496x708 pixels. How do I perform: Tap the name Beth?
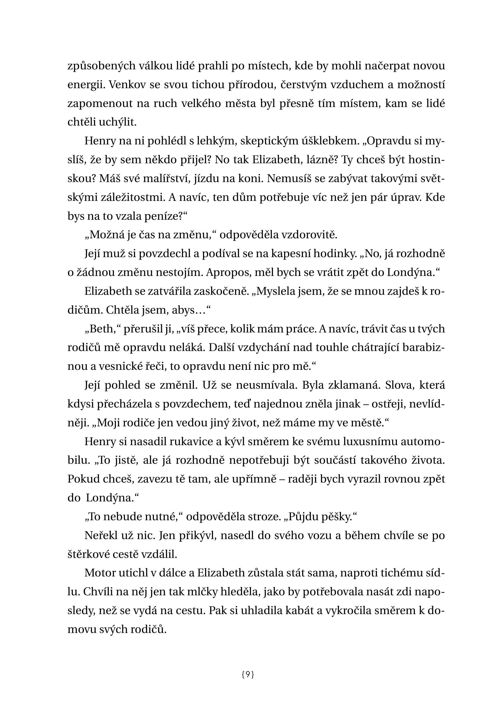tap(101, 329)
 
